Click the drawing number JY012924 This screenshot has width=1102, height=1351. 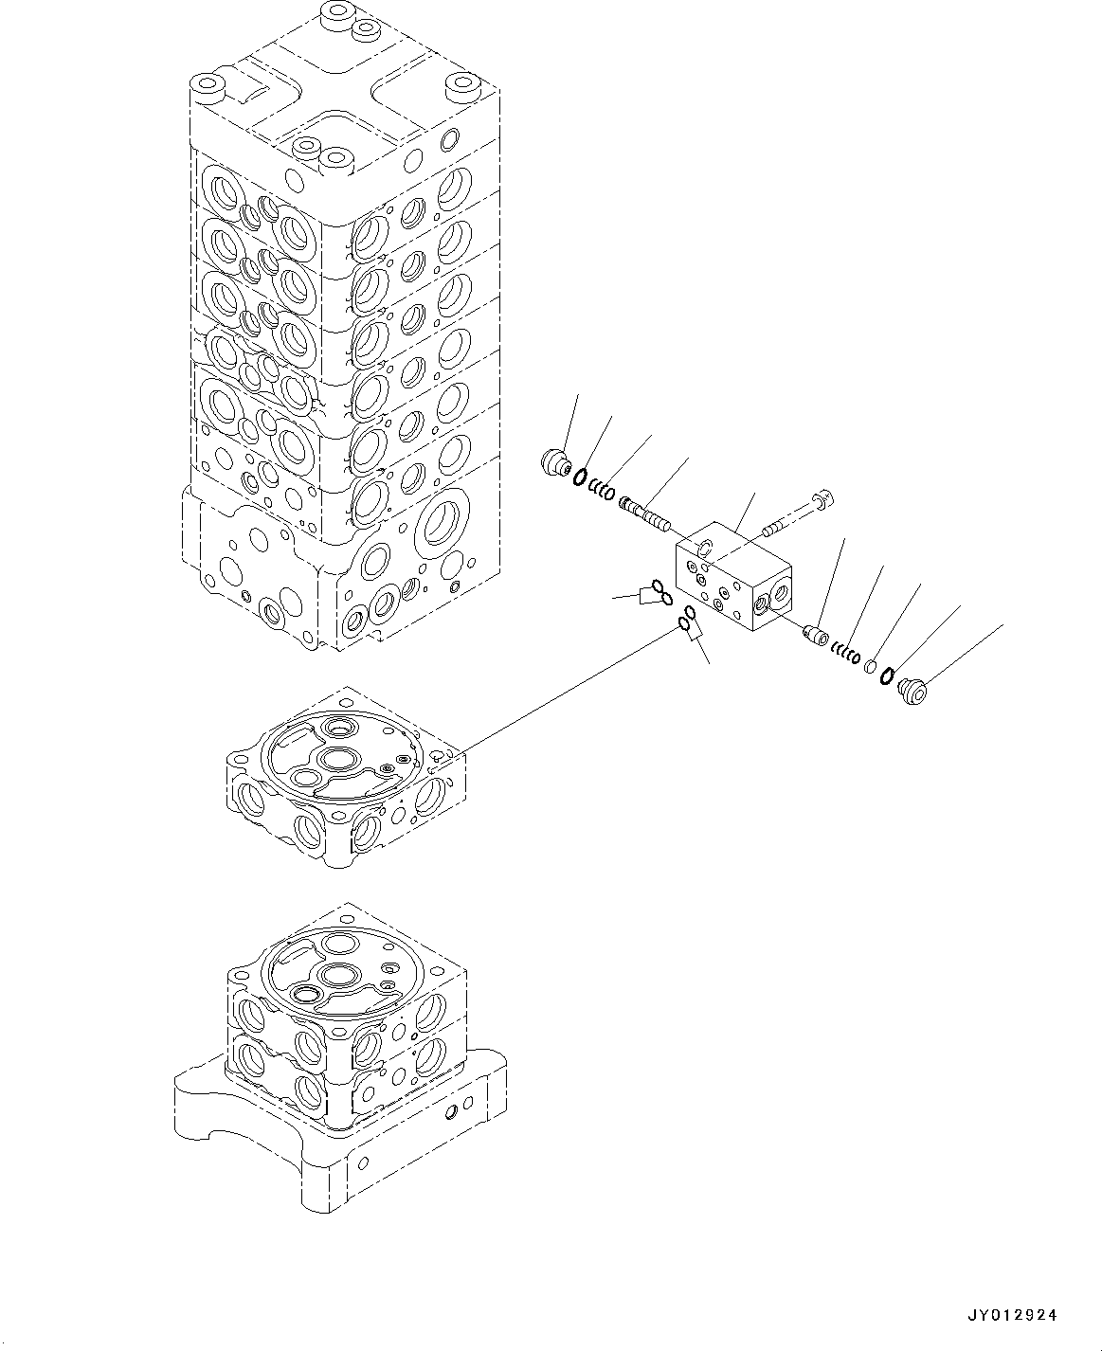(1011, 1315)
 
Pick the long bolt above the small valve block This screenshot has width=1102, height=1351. (797, 513)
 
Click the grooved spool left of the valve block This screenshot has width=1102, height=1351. (644, 512)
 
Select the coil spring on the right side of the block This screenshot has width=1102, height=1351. (846, 653)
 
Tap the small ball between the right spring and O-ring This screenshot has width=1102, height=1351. (871, 666)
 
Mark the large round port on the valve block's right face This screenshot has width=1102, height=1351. (780, 594)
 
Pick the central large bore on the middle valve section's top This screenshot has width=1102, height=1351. (336, 759)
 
